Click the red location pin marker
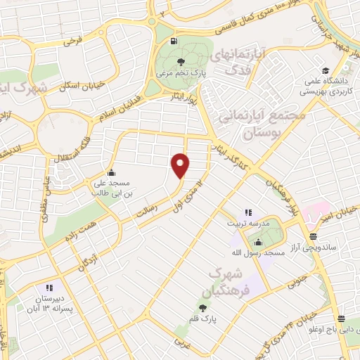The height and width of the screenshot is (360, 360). click(x=181, y=165)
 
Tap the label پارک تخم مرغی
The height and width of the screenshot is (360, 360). click(x=184, y=72)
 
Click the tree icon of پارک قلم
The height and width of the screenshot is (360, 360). click(x=203, y=307)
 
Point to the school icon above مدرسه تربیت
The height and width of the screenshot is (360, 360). click(x=247, y=212)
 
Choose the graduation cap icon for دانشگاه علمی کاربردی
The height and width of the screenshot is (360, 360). click(x=326, y=70)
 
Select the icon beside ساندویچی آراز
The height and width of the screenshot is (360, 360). click(x=312, y=237)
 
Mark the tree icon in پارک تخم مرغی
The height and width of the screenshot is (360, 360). click(x=184, y=60)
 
